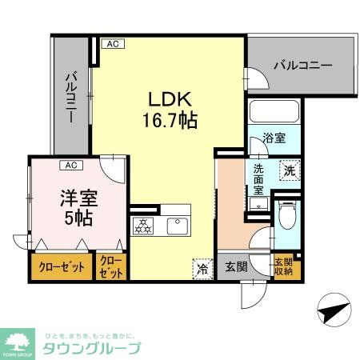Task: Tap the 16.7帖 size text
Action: click(169, 122)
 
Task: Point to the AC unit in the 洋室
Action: click(71, 166)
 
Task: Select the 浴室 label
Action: click(274, 138)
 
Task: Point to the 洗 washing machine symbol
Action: click(288, 169)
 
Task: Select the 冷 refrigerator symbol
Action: click(202, 270)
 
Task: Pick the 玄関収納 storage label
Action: click(284, 266)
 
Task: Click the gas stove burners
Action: click(144, 226)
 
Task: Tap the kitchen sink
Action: click(178, 226)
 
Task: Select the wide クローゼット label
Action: click(61, 267)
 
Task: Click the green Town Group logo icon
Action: click(20, 339)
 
